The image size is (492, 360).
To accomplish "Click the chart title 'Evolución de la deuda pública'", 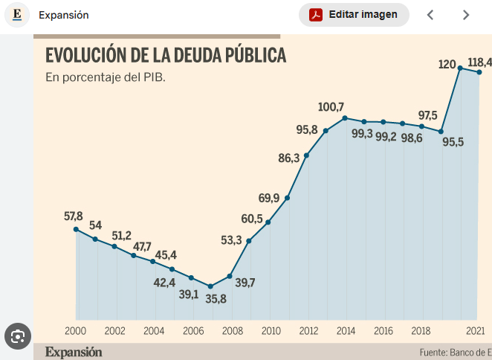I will (166, 56).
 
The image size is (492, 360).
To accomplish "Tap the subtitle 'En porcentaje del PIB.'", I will (105, 77).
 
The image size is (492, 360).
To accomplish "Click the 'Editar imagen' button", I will (354, 15).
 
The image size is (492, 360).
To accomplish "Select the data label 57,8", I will (74, 216).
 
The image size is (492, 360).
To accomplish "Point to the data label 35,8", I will (216, 299).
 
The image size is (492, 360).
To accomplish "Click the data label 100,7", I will (332, 107).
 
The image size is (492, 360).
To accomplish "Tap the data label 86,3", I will (289, 158).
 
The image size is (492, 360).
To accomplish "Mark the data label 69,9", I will (269, 198).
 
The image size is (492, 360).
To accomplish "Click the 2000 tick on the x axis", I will (76, 331).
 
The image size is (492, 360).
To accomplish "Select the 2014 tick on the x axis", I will (345, 331).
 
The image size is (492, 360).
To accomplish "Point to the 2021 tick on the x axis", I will (475, 331).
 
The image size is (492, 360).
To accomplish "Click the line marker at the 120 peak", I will (461, 68).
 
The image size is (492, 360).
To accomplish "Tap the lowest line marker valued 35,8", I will (210, 286).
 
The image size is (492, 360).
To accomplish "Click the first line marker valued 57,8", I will (76, 229).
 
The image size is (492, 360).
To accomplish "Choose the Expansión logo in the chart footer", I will (74, 352).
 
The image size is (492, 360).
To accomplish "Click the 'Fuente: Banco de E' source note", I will (455, 352).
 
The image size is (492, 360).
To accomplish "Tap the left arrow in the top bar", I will (430, 15).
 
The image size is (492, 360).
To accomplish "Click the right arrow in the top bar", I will (466, 15).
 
